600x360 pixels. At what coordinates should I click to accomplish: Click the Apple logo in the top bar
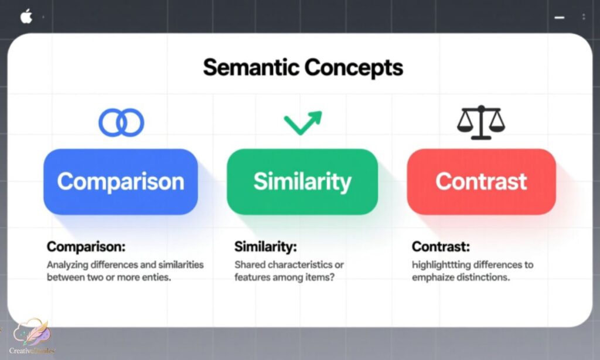coord(26,17)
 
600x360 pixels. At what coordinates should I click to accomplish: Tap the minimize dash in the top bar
coord(560,18)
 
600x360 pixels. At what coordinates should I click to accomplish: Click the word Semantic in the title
coord(251,68)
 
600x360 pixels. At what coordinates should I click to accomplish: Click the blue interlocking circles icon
coord(121,123)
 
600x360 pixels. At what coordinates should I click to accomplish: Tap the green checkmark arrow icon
coord(303,121)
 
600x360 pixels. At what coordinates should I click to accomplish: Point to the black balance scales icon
coord(480,122)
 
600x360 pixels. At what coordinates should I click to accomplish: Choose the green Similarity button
coord(302,182)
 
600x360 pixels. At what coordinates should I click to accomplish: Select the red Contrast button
coord(481,182)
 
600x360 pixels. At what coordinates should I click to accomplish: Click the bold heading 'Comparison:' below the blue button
coord(86,247)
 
